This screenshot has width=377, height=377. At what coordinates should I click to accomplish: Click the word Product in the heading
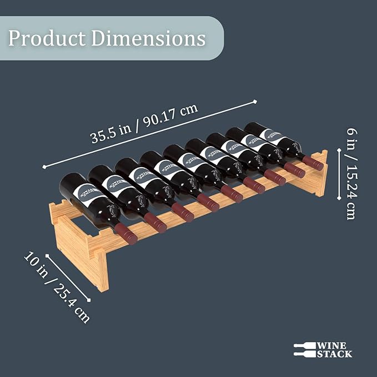(47, 38)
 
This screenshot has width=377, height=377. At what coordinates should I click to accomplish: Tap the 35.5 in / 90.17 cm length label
(144, 124)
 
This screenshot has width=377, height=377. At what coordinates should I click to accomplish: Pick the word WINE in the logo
(330, 345)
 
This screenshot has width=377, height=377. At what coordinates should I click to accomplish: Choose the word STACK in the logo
(334, 354)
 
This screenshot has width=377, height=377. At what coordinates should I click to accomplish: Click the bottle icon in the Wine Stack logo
(304, 349)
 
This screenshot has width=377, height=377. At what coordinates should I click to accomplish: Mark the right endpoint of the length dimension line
(255, 101)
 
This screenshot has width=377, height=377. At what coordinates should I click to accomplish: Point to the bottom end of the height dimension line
(339, 199)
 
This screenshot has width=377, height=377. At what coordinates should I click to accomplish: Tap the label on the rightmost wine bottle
(272, 137)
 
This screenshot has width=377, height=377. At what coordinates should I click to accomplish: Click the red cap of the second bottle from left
(156, 223)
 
